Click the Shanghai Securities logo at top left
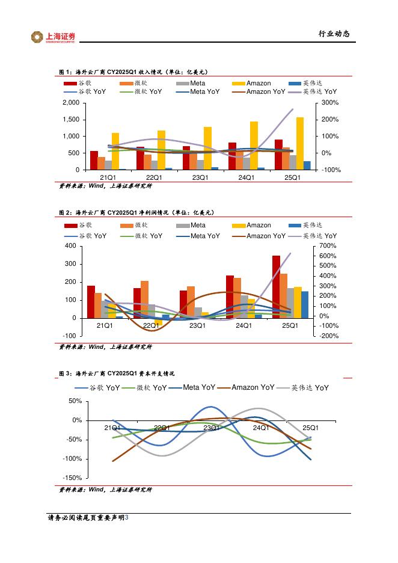pos(54,37)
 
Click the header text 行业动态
pos(334,34)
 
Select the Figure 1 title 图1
pos(65,72)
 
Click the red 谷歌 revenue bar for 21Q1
pos(94,160)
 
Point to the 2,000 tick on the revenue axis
pos(71,103)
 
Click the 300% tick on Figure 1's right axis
pos(331,103)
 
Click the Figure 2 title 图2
pos(65,213)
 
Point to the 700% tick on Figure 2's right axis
pos(330,246)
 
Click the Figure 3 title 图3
pos(65,374)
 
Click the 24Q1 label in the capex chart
pos(260,428)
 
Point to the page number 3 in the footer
pos(127,517)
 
